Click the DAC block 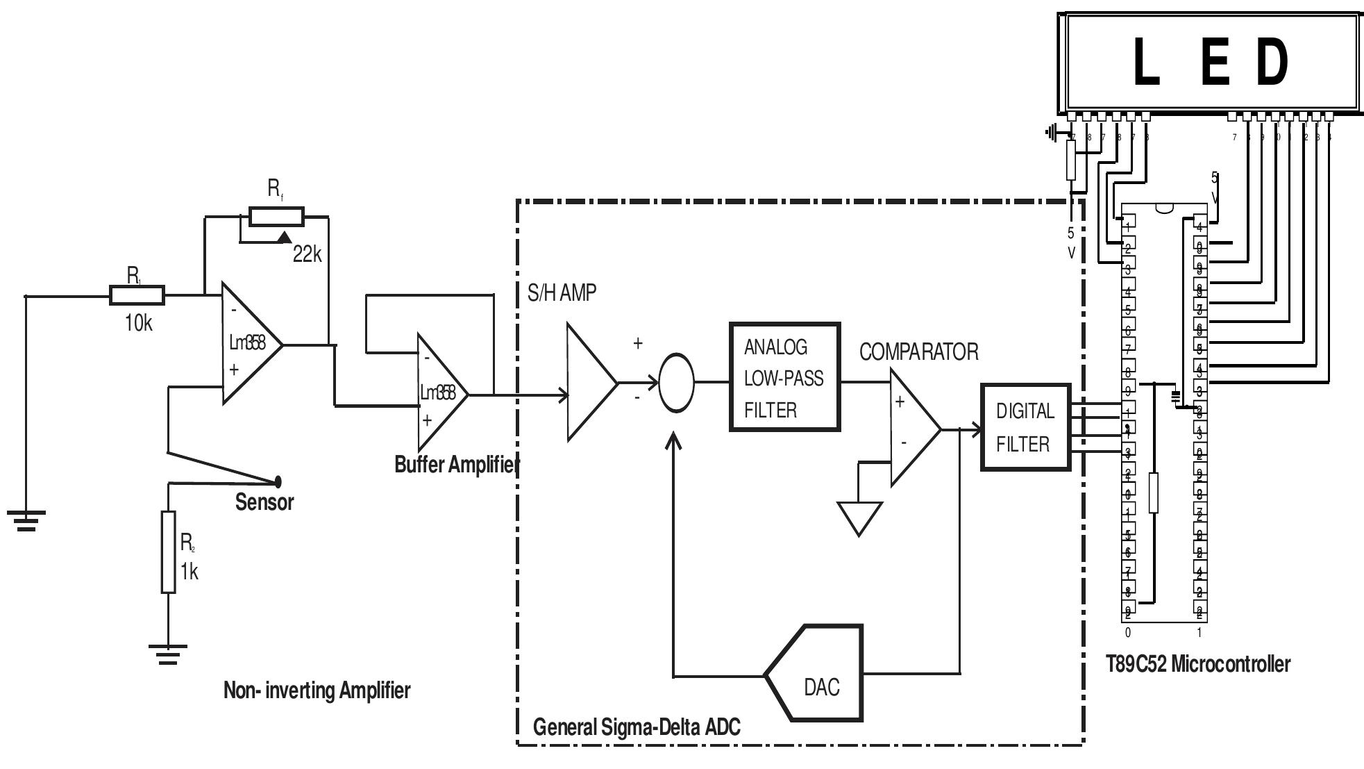click(819, 673)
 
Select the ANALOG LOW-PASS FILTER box click(784, 378)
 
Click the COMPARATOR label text click(918, 352)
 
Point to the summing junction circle click(675, 383)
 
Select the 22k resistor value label click(307, 255)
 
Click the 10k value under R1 click(138, 323)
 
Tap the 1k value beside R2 click(189, 572)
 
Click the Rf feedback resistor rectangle click(276, 217)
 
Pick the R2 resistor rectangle click(168, 552)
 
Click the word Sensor click(264, 502)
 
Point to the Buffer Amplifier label click(457, 464)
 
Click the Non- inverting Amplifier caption click(317, 691)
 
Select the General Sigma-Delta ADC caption click(636, 727)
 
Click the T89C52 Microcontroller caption click(1197, 664)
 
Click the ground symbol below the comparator click(859, 518)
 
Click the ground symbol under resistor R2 click(168, 655)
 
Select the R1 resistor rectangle click(137, 295)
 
